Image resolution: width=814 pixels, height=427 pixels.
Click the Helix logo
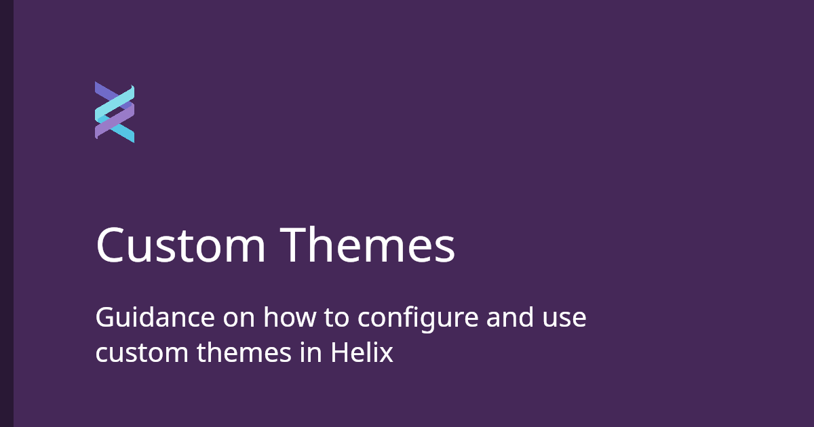coord(115,113)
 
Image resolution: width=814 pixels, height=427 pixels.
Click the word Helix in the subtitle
coord(362,352)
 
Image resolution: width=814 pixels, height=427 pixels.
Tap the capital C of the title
coord(113,245)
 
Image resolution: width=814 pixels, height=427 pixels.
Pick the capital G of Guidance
coord(104,318)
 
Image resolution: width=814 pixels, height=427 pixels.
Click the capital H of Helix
coord(339,352)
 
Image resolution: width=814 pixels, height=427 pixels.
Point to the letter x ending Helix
coord(387,354)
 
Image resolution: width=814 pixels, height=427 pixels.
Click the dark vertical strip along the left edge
coord(7,213)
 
